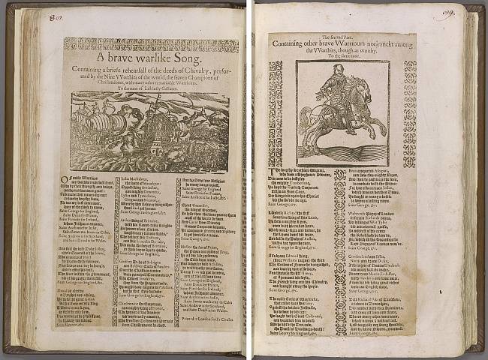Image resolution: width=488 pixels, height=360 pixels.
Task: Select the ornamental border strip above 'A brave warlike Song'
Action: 150,45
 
